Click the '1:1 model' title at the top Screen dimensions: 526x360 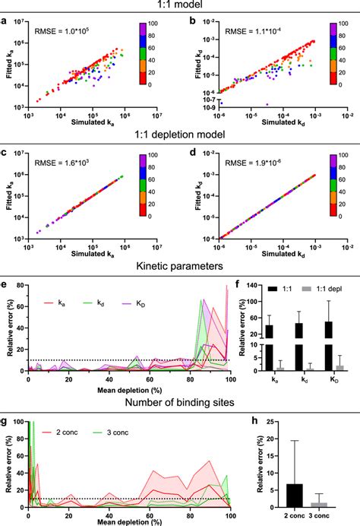[179, 6]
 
